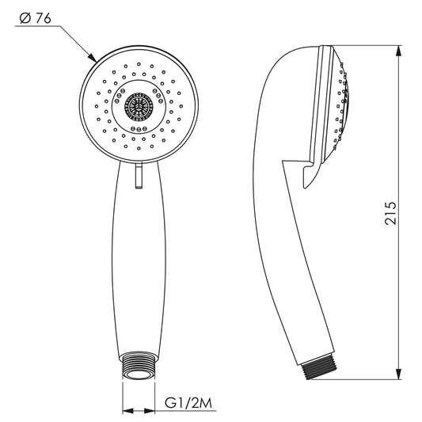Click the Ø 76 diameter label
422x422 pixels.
click(x=36, y=18)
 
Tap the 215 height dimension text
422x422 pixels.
click(x=390, y=213)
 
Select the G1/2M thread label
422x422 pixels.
click(x=188, y=403)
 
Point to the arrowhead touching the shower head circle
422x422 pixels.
click(x=92, y=58)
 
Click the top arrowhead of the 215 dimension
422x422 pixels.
click(x=398, y=51)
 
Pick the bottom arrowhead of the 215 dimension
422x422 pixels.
click(x=398, y=373)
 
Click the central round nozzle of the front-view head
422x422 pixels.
click(x=139, y=107)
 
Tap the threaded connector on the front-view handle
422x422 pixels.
click(x=139, y=366)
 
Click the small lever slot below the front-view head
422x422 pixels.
click(x=139, y=176)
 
